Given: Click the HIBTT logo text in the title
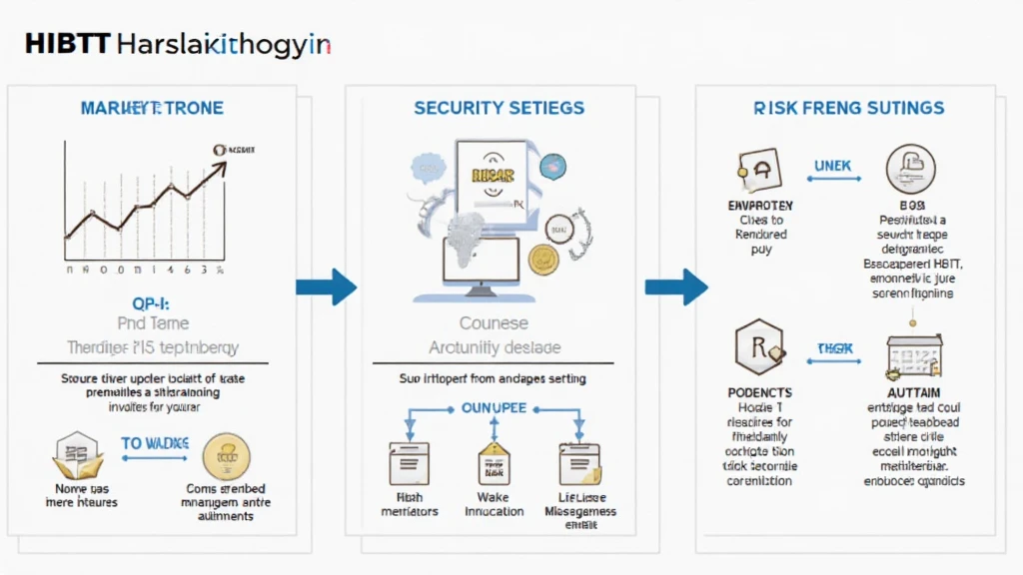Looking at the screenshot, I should (x=64, y=45).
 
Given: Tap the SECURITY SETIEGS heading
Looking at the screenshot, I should (x=499, y=108).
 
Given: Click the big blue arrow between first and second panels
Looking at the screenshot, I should (x=327, y=287).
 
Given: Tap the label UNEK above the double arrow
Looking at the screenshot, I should (x=834, y=165).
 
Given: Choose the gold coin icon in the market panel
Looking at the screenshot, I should (x=225, y=458).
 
